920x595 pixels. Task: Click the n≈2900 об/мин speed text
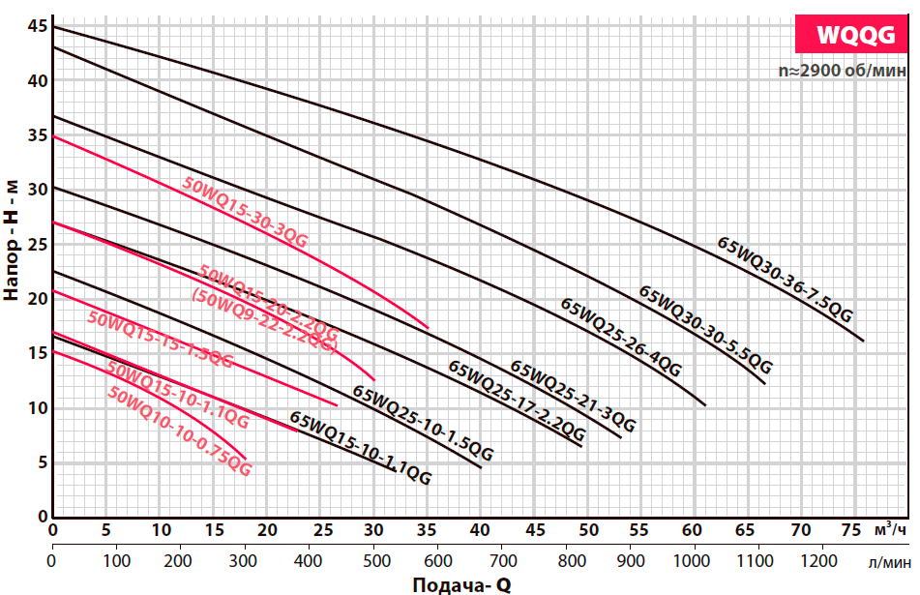point(843,71)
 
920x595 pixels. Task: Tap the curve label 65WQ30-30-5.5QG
point(706,331)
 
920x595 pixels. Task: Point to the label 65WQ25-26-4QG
point(621,338)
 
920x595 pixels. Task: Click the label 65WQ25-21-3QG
point(573,397)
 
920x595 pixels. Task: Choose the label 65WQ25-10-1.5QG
point(423,424)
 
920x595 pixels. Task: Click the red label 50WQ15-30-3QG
point(245,213)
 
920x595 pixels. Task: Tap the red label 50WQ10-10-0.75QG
point(180,432)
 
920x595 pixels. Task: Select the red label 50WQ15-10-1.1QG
point(178,396)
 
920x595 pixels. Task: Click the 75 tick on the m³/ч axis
point(851,530)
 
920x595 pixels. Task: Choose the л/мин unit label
point(887,561)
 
